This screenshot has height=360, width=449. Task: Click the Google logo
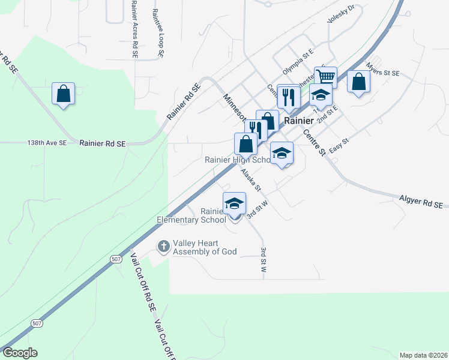click(20, 353)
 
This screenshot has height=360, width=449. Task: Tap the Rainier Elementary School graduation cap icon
click(234, 203)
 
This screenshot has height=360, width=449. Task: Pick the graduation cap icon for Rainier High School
click(282, 153)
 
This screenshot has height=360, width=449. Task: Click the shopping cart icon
click(325, 77)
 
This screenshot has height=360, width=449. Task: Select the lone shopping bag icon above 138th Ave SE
click(63, 94)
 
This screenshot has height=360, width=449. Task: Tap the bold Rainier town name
click(299, 121)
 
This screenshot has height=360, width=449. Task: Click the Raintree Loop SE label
click(158, 33)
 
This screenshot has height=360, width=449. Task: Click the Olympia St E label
click(299, 62)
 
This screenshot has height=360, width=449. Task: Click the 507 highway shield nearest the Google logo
click(37, 323)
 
